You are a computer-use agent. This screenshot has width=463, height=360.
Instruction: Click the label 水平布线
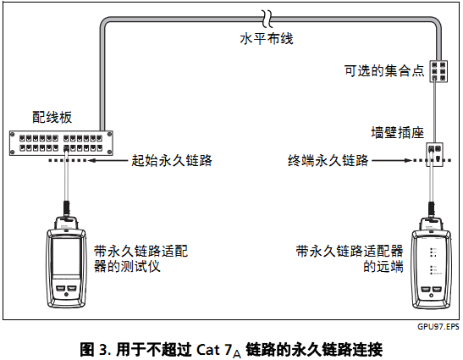point(265,40)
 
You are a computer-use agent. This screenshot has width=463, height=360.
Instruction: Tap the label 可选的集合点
point(383,71)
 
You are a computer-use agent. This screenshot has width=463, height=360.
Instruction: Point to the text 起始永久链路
point(171,158)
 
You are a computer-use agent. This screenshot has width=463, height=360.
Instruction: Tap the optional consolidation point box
point(438,70)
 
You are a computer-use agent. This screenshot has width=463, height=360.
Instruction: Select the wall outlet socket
point(437,152)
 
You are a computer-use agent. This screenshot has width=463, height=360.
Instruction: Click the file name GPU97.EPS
point(438,325)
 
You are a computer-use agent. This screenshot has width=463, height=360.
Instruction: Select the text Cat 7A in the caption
point(223,347)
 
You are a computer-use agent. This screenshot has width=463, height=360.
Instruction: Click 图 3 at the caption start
point(92,347)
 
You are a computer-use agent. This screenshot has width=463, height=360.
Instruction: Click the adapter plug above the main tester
point(65,208)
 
